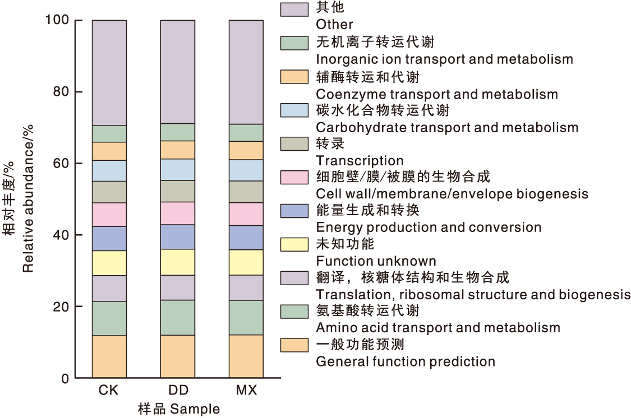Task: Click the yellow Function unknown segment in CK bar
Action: coord(109,263)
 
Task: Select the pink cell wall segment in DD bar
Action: coord(178,213)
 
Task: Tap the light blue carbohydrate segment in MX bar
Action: coord(246,170)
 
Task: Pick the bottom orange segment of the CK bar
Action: coord(109,357)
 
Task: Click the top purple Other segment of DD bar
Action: coord(178,72)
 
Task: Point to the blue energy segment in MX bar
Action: coord(246,238)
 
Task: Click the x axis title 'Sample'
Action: coord(195,409)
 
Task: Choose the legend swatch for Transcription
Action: coord(294,144)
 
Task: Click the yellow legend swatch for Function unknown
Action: coord(294,244)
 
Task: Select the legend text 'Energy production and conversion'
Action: coord(429,227)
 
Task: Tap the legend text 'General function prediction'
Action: coord(406,361)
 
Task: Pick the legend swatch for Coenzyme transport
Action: coord(294,77)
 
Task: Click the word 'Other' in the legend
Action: coord(334,25)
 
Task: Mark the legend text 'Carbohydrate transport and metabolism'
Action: coord(447,127)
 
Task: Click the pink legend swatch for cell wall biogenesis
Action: coord(294,178)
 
